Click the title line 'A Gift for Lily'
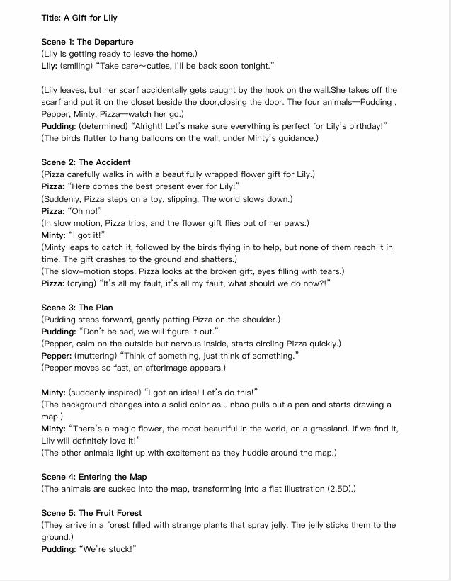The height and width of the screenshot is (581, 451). tap(79, 18)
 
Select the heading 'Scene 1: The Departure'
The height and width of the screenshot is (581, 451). tap(87, 42)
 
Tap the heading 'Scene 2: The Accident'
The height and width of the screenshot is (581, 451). tap(86, 162)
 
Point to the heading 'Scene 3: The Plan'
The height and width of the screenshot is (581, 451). tap(76, 308)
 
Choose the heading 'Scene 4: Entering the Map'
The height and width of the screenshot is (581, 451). tap(94, 477)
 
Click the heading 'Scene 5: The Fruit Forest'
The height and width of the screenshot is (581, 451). tap(91, 513)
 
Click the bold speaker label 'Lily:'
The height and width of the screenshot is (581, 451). tap(49, 66)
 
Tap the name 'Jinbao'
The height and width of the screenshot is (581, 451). tap(263, 405)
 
